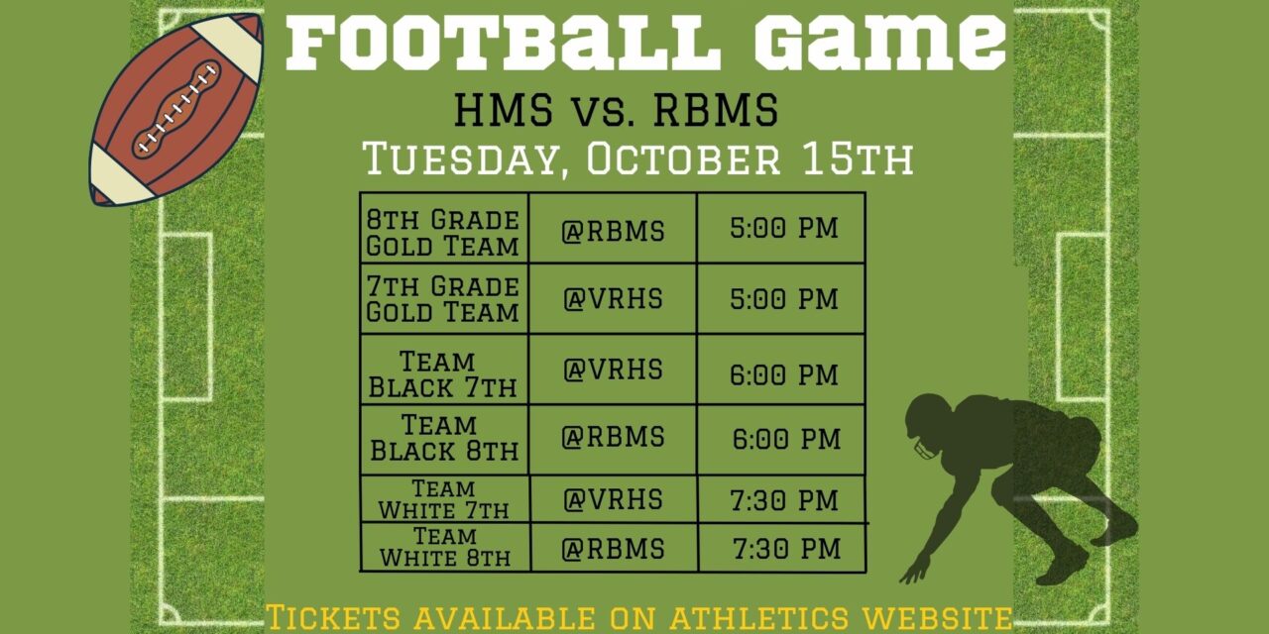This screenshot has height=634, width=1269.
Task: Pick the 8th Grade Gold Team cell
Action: point(443,232)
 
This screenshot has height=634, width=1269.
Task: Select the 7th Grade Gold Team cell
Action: point(443,299)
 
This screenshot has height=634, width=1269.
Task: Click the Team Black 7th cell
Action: point(443,373)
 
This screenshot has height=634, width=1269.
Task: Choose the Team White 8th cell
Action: point(445,548)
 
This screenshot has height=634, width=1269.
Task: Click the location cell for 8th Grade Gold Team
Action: point(613,232)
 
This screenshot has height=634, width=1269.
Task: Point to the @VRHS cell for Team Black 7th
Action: point(613,370)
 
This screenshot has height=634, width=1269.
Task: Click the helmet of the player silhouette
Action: point(930,423)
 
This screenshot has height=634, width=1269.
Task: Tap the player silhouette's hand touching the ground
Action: point(914,572)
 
